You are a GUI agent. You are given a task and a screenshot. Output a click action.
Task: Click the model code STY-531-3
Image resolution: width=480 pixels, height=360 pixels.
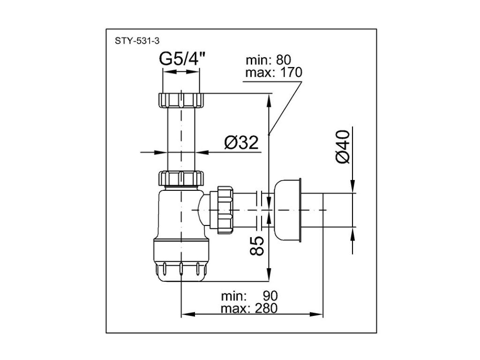(137, 41)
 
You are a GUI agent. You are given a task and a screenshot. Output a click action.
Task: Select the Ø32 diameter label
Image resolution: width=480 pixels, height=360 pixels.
(241, 142)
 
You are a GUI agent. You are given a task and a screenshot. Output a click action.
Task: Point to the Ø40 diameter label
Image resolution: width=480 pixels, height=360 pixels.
(343, 147)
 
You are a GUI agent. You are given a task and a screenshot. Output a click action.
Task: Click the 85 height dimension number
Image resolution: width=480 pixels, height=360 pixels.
(257, 246)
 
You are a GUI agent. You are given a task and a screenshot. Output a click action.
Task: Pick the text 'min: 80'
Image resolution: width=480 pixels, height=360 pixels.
(268, 60)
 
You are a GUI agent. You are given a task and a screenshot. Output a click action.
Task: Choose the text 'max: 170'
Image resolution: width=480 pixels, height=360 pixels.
(274, 73)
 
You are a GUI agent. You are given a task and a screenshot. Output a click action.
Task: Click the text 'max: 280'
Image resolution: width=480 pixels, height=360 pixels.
(249, 308)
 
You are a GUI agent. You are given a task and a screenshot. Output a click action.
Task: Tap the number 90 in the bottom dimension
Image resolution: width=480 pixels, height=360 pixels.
(270, 296)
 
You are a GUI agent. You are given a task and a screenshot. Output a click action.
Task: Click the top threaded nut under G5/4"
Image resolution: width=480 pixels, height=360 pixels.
(181, 99)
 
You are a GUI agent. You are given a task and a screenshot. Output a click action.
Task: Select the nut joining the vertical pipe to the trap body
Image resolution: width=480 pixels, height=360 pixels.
(181, 179)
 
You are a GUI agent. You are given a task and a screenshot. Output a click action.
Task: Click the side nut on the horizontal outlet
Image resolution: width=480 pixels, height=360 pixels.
(225, 210)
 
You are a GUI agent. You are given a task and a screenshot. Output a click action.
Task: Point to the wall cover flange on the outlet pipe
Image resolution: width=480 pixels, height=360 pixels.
(288, 210)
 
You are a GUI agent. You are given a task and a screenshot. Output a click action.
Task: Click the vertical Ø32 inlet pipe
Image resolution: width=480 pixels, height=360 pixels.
(181, 139)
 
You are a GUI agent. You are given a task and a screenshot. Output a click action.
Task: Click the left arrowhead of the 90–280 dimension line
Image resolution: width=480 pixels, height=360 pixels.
(188, 315)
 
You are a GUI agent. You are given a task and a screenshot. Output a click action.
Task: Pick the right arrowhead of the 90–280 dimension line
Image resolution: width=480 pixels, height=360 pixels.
(316, 315)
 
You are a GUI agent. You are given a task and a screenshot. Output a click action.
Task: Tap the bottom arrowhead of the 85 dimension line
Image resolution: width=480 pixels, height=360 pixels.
(269, 274)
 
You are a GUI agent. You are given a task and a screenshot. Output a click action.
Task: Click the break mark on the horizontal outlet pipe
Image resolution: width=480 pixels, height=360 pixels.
(259, 210)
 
